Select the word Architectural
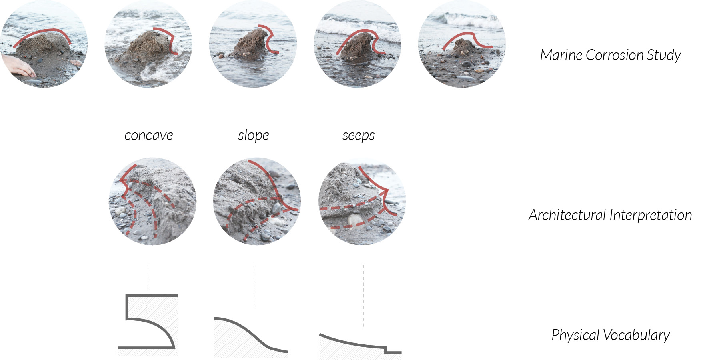[x=567, y=215]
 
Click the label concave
[x=148, y=136]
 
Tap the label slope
[x=253, y=136]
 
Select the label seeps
[x=358, y=136]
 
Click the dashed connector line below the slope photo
[x=256, y=286]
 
